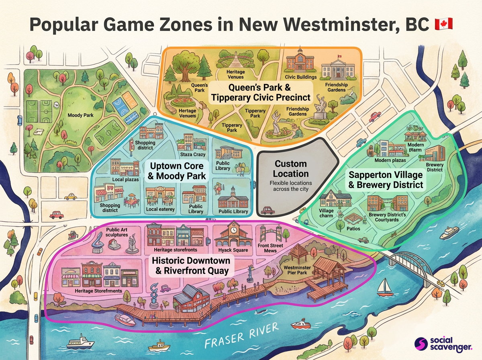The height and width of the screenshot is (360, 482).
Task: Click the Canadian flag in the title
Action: tap(443, 24)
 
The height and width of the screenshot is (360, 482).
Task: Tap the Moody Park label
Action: tap(80, 115)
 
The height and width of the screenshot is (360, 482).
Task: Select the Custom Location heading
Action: tap(290, 169)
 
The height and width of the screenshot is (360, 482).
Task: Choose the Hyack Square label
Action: tap(233, 250)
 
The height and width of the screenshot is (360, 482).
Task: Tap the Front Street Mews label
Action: tap(270, 248)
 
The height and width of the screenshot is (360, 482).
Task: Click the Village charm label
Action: tap(326, 213)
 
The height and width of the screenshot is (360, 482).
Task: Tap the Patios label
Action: tap(353, 229)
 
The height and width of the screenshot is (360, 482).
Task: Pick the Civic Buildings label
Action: tap(300, 77)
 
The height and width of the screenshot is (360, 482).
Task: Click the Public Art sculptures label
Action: tap(116, 232)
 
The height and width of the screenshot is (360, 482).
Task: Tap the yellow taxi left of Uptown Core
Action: tap(71, 196)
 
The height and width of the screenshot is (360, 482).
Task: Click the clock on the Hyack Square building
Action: tap(233, 229)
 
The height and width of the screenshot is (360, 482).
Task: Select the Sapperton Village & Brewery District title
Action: tap(386, 180)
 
